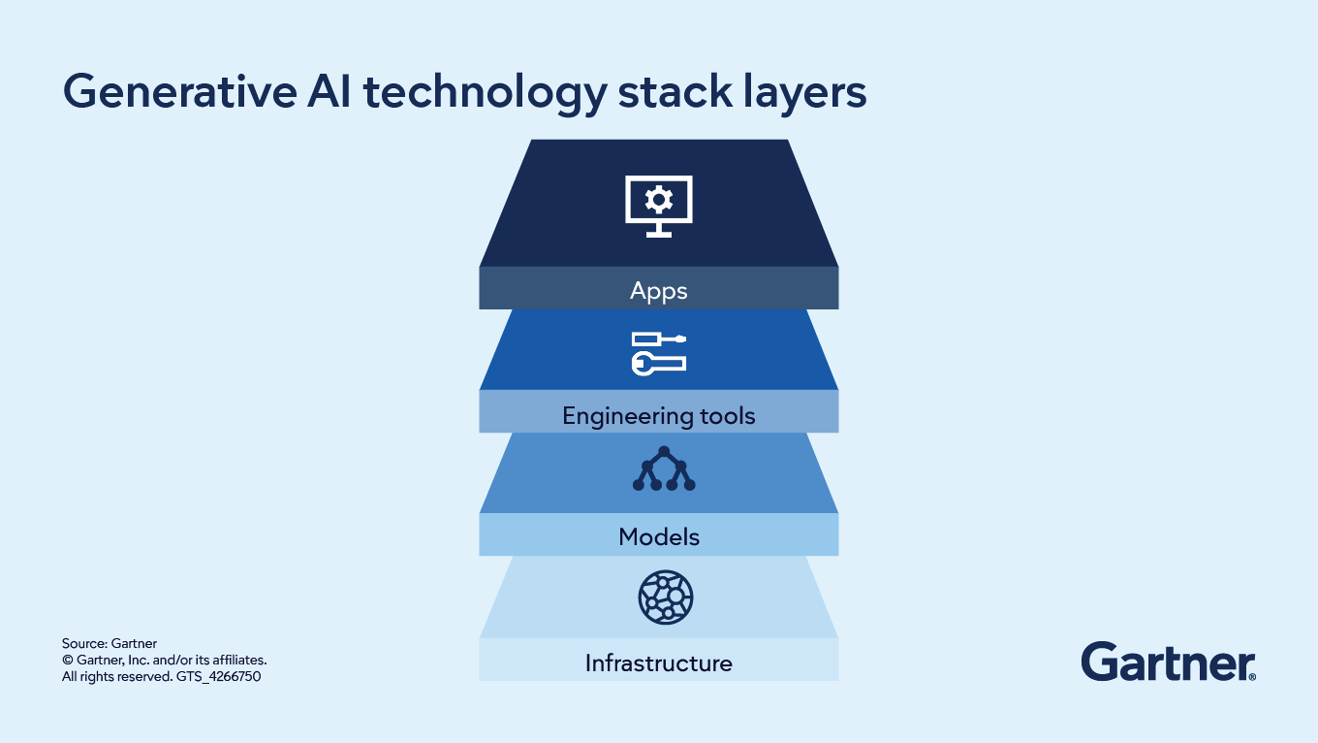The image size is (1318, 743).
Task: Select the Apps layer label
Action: [658, 290]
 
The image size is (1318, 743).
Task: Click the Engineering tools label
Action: [658, 417]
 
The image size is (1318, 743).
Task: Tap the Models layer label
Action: [659, 536]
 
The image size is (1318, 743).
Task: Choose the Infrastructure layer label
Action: [658, 663]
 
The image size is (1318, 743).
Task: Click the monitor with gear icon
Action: [659, 206]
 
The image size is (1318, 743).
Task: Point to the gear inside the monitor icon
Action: [659, 200]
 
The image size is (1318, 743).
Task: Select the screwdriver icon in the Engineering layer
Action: [659, 339]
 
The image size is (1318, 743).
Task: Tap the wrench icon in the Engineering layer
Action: [659, 363]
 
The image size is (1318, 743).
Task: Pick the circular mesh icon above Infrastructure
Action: [666, 598]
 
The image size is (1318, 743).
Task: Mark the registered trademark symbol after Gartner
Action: [1252, 676]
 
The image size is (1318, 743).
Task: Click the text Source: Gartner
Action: [110, 643]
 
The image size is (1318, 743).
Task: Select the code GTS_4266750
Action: [218, 676]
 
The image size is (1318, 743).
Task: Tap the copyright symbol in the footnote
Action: [67, 660]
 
